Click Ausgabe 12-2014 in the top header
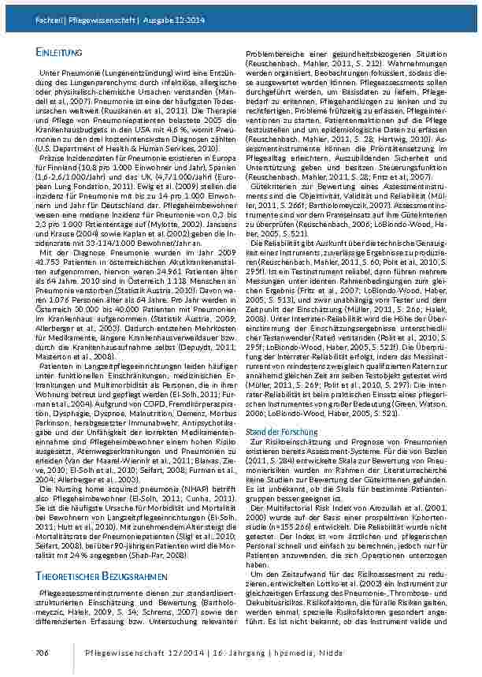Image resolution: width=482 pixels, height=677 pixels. [x=172, y=8]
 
